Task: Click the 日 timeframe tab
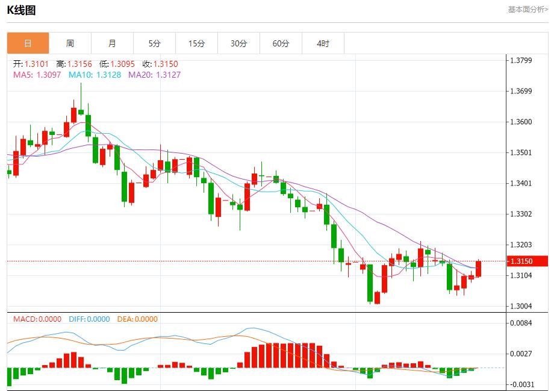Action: pos(28,43)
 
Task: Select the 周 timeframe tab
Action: pos(70,43)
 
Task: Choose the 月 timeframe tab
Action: pos(112,43)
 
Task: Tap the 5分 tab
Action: pos(155,43)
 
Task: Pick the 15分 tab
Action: pos(196,43)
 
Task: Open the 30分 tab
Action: pos(238,43)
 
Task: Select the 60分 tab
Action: pos(281,43)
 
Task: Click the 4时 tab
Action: pos(323,43)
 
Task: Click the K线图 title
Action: pos(21,10)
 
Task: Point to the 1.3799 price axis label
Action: pos(521,60)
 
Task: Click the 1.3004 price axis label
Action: pos(521,306)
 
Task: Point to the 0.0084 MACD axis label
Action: pos(521,324)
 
